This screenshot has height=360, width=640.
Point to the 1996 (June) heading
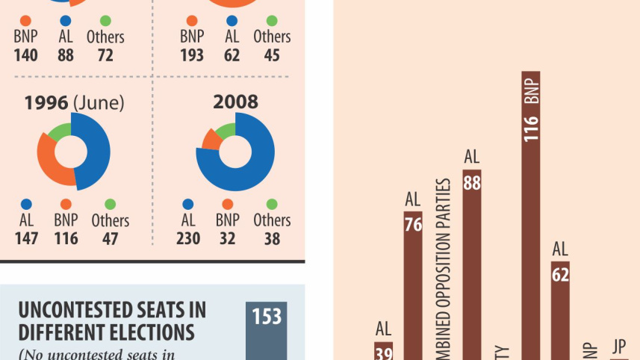click(x=72, y=103)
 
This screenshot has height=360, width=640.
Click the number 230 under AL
click(x=188, y=238)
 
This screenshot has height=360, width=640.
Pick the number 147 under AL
click(x=26, y=238)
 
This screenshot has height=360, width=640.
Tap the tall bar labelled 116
click(x=531, y=224)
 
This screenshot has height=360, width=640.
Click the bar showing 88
click(x=471, y=261)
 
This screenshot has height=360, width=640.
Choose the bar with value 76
click(x=413, y=284)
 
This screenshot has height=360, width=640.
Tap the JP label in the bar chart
click(x=618, y=346)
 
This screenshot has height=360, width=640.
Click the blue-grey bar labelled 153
click(x=266, y=332)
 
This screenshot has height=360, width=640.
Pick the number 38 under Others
click(x=271, y=238)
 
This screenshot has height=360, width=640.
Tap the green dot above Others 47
click(x=110, y=204)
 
